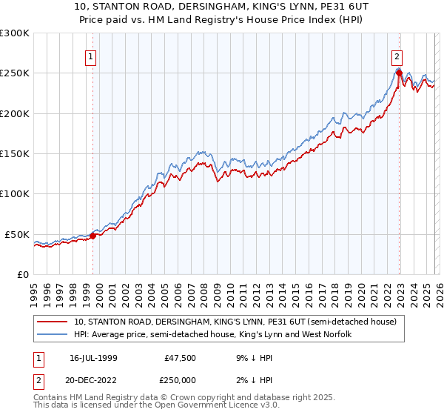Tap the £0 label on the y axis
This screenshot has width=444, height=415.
click(21, 274)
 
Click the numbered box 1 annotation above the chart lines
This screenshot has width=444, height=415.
click(90, 56)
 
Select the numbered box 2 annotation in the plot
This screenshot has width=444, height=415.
click(397, 56)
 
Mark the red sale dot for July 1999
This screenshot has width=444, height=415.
click(93, 236)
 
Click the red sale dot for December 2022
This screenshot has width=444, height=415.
click(399, 73)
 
